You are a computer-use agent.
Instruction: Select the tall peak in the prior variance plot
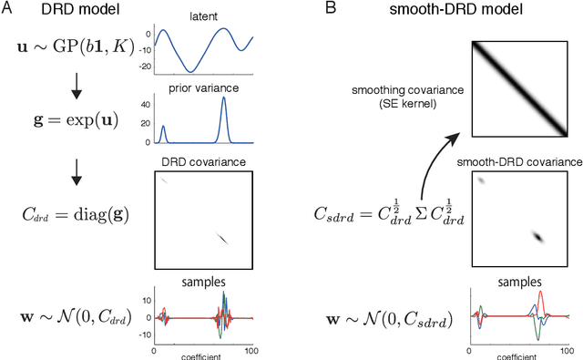pyautogui.click(x=223, y=102)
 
